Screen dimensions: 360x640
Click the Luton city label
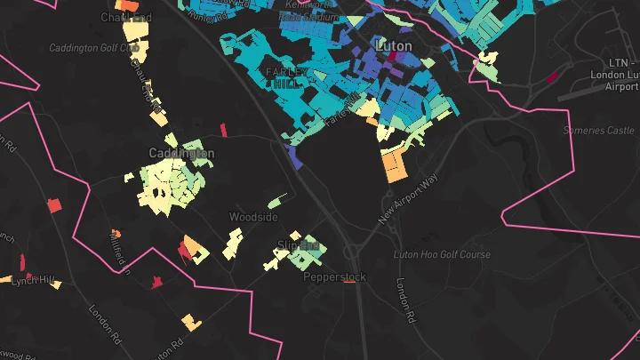(393, 45)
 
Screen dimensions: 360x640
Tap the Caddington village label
(181, 153)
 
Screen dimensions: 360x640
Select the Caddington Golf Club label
(89, 47)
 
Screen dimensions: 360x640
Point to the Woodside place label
(253, 217)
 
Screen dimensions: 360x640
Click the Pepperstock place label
(334, 277)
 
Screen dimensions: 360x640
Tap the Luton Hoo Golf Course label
(442, 255)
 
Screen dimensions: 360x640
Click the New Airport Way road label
(410, 198)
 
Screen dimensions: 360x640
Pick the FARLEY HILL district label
(284, 77)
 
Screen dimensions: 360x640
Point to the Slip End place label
(299, 244)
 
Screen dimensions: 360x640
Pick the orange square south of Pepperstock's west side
(188, 320)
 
